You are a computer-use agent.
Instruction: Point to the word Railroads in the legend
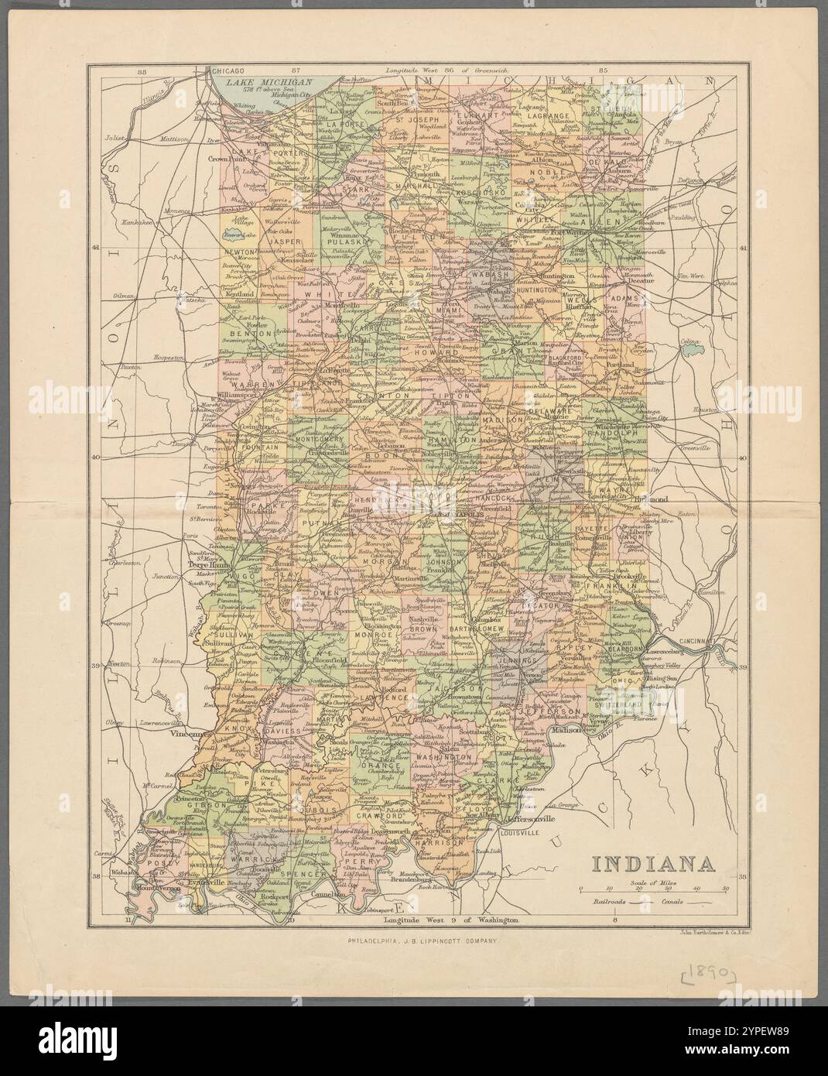pyautogui.click(x=610, y=903)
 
